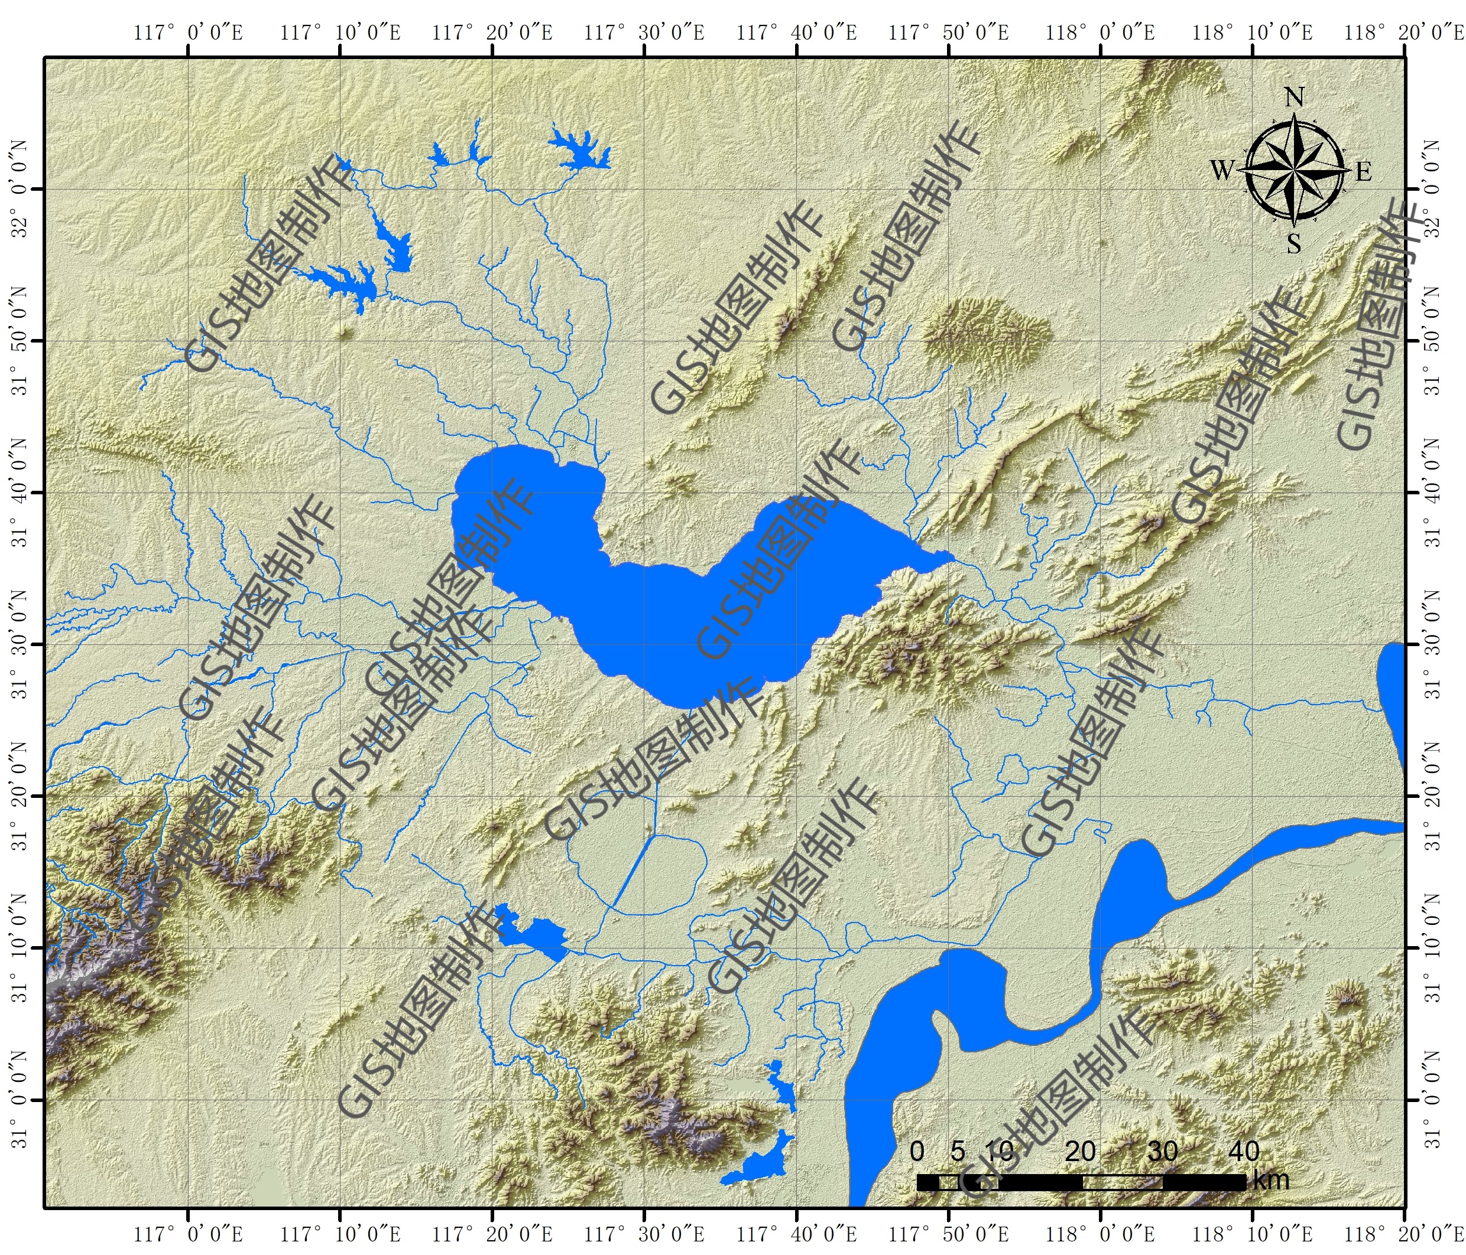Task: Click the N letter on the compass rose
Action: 1294,97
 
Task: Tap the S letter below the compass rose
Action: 1294,244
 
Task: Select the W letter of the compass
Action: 1222,171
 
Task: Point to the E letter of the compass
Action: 1363,171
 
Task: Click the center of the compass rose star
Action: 1294,171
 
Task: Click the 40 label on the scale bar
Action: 1244,1152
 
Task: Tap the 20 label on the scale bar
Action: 1081,1152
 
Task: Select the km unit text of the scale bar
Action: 1271,1180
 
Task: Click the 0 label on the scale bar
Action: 917,1152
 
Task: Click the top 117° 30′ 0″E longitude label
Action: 644,32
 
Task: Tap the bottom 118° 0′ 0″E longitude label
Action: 1100,1234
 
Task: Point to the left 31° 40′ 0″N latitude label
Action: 20,492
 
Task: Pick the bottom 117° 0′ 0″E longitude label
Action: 188,1234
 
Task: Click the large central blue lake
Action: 672,622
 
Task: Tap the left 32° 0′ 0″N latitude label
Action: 20,189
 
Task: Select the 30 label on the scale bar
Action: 1163,1152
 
